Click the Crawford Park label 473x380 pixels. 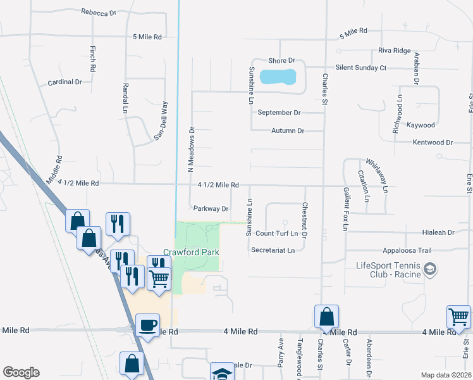[x=192, y=252]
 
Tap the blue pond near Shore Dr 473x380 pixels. [x=278, y=77]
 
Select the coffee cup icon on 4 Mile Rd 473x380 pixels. [x=148, y=326]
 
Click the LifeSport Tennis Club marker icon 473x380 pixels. [x=430, y=269]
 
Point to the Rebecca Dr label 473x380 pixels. [x=99, y=12]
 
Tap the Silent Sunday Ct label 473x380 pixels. [x=361, y=67]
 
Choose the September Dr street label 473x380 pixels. [x=279, y=113]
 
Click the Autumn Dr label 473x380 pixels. [x=288, y=130]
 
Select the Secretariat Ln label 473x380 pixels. [x=273, y=250]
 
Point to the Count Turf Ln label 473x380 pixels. [x=276, y=234]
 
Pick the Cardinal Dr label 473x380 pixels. [x=65, y=82]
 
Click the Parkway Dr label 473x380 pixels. [x=211, y=208]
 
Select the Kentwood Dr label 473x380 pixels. [x=433, y=142]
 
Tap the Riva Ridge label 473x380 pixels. [x=395, y=51]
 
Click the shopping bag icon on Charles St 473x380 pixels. [x=326, y=315]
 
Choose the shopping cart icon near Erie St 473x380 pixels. [x=458, y=316]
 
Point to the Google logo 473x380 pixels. [x=21, y=372]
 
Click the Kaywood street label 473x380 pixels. [x=421, y=125]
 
